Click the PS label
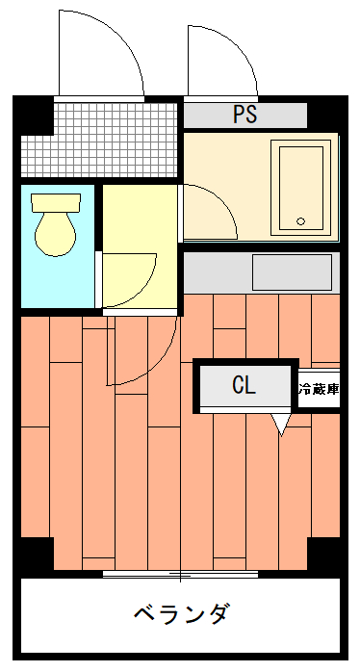244,115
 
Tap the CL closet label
244,384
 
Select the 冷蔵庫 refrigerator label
320,390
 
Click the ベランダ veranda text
180,614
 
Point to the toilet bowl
55,234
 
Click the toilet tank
56,203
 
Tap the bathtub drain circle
301,221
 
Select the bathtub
301,188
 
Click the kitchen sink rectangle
292,272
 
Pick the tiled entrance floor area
99,140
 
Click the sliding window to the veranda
180,575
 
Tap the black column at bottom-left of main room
38,554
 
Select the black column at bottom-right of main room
323,554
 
